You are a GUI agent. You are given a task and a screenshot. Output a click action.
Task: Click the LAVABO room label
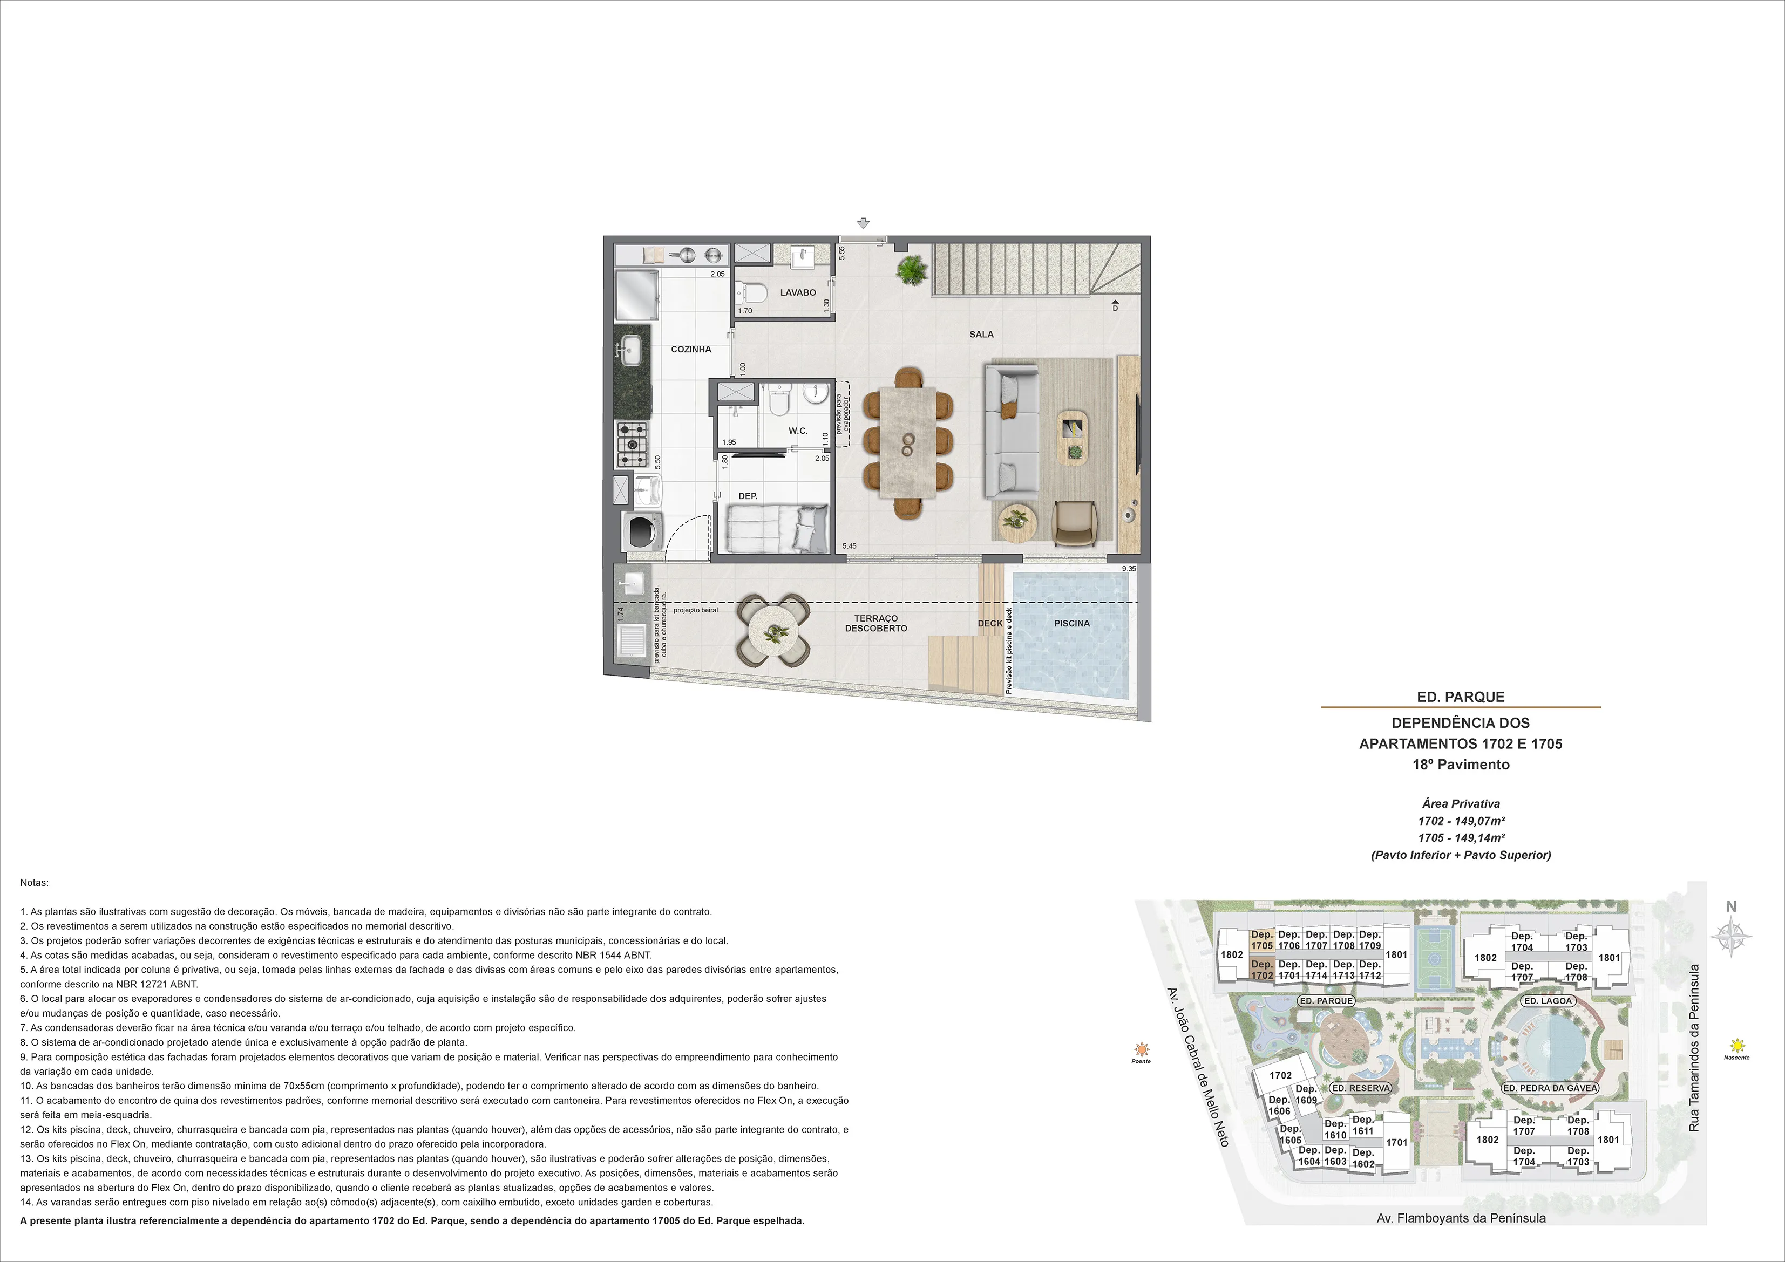tap(798, 293)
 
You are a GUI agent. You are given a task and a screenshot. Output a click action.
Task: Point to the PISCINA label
tap(1072, 623)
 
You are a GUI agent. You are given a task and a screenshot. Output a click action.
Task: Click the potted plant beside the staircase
tap(911, 270)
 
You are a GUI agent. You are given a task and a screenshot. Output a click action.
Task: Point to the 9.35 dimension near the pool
tap(1129, 569)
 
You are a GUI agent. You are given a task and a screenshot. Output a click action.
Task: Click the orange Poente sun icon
tap(1141, 1048)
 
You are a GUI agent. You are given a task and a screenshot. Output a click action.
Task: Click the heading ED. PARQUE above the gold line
tap(1461, 697)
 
